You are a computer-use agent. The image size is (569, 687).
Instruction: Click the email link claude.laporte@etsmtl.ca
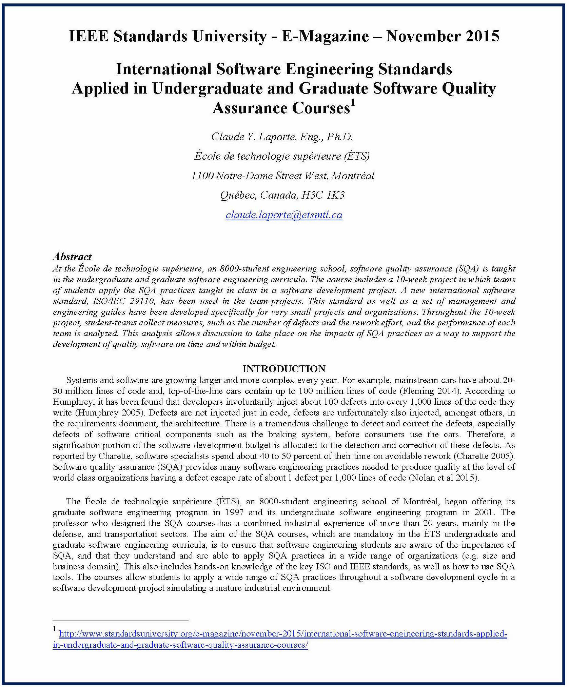(x=284, y=215)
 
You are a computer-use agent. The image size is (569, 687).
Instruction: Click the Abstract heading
(x=72, y=257)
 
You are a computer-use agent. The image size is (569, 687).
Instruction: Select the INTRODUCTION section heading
(x=284, y=368)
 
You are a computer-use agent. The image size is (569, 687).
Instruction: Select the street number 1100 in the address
(x=202, y=176)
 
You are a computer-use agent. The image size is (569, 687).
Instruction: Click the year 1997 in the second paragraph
(x=234, y=512)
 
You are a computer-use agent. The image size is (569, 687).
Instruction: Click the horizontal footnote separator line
(x=120, y=621)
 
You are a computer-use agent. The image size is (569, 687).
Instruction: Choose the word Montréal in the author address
(x=353, y=176)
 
